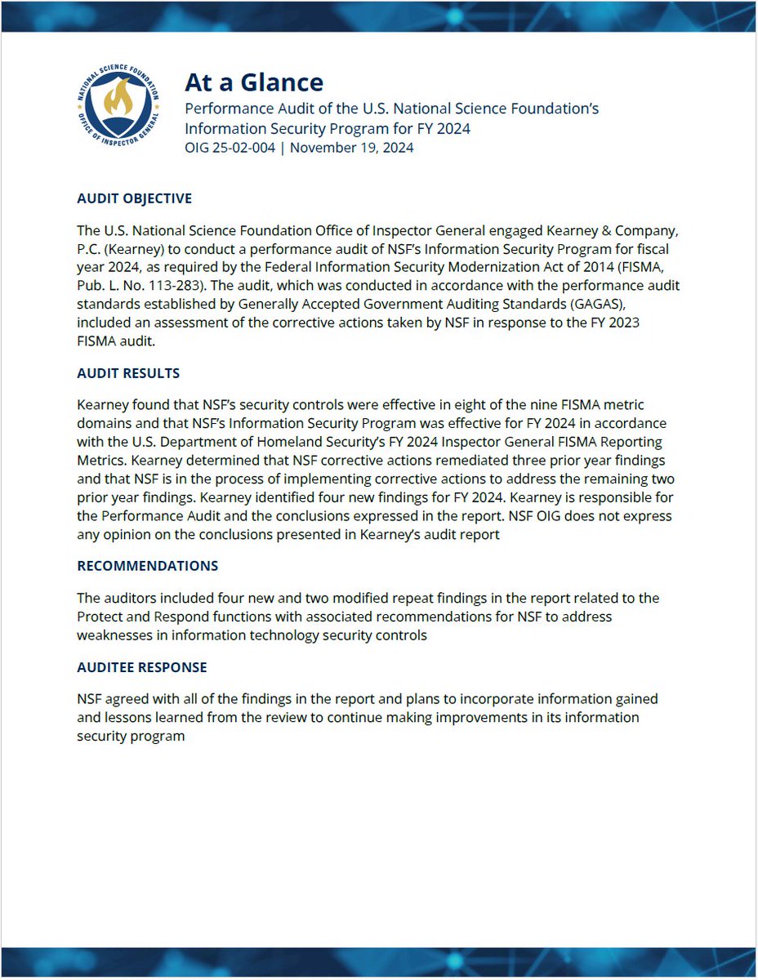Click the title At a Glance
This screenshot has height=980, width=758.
[x=253, y=82]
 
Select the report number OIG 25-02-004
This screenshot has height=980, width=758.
[x=233, y=148]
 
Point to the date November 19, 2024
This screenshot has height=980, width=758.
[x=351, y=148]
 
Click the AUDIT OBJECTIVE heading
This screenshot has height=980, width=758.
[x=134, y=198]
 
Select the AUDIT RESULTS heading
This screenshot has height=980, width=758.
[x=127, y=373]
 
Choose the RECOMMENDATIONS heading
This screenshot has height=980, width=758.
[x=147, y=566]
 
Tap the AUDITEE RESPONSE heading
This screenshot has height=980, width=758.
[x=141, y=667]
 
